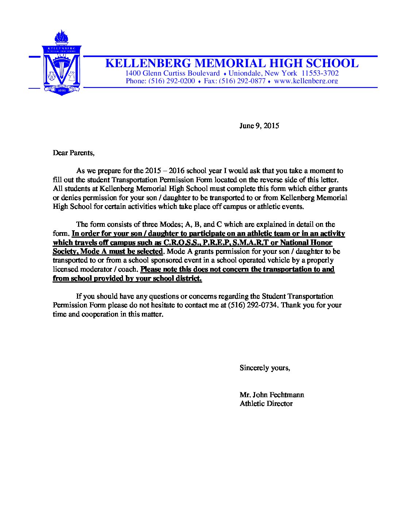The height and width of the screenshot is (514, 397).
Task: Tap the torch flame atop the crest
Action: pos(61,37)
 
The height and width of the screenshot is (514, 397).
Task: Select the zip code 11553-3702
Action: pos(320,73)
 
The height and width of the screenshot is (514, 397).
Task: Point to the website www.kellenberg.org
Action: pos(306,81)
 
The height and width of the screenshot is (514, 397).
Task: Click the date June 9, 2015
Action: pos(259,126)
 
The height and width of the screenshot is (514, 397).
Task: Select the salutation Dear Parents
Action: pos(73,153)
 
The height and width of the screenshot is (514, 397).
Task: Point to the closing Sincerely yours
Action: pos(265,368)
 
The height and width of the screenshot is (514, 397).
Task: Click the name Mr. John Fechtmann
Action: pos(272,395)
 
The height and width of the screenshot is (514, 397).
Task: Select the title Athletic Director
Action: pos(266,404)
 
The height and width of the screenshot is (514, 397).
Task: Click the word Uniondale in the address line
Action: pos(244,73)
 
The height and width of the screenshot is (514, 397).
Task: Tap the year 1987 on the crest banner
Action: pos(61,90)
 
